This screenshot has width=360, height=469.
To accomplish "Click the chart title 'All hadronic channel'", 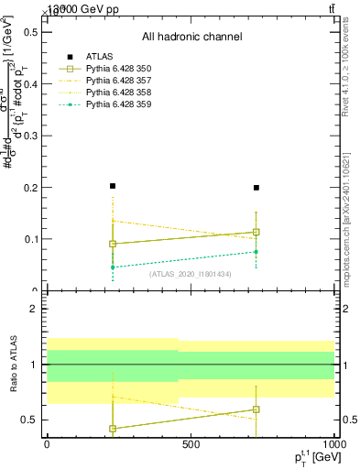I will tap(191, 37).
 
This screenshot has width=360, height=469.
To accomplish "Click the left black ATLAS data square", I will tap(113, 186).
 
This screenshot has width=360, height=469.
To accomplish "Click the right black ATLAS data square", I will tap(256, 188).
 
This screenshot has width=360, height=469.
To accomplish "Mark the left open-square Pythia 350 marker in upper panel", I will tap(113, 244).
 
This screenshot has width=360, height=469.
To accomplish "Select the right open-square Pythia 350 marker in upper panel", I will tap(256, 232).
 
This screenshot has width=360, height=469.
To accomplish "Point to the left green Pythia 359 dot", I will tap(113, 267).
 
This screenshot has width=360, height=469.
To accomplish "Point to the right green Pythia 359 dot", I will tap(256, 252).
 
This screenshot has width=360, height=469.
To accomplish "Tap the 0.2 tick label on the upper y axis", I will tap(31, 188).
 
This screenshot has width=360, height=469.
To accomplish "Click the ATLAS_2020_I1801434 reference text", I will tap(191, 274).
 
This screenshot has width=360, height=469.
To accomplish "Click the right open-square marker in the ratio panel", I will tap(256, 409).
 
